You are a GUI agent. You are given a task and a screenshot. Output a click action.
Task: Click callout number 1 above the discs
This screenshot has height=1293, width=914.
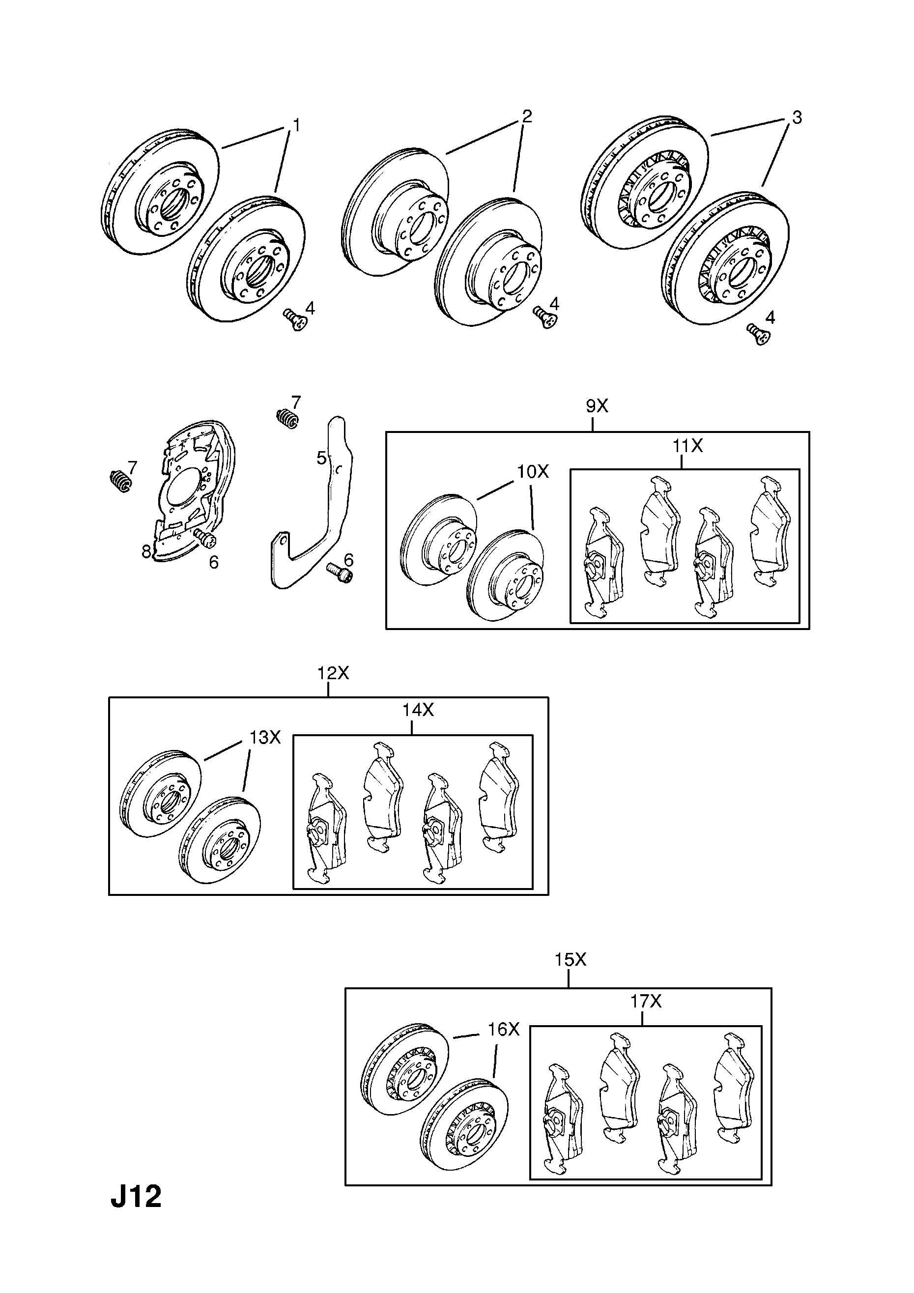coord(296,124)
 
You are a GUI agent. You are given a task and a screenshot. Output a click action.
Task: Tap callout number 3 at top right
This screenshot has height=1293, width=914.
coord(796,117)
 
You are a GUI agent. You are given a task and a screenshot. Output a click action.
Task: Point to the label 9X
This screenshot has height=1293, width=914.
coord(597,406)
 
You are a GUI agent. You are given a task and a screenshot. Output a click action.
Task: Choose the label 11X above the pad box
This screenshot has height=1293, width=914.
coord(687,446)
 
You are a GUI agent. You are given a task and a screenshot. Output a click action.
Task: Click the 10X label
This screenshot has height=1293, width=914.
coord(533,471)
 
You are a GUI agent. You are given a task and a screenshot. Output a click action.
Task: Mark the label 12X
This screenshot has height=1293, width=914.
coord(333,672)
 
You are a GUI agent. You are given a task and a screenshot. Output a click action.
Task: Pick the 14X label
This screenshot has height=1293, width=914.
coord(418,711)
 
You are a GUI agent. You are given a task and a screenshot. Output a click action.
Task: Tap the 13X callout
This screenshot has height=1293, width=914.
coord(265,737)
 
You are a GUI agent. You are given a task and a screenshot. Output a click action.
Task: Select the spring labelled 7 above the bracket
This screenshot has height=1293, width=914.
coord(287,418)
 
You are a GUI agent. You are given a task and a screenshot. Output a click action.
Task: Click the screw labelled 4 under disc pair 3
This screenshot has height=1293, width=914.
coord(758,334)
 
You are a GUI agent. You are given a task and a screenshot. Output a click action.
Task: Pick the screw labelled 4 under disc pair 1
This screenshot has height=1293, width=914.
coord(296,321)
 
